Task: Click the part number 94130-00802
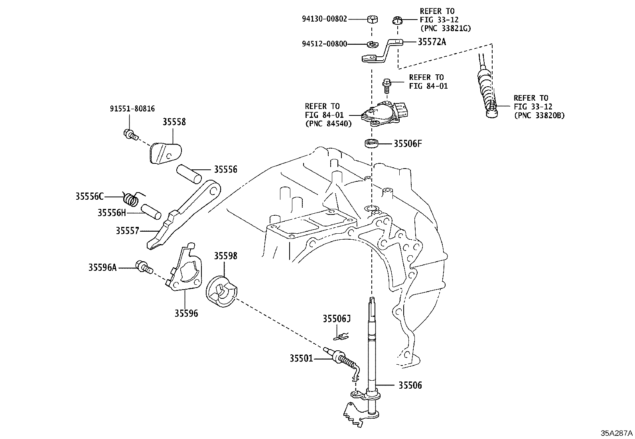[324, 19]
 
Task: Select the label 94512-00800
[324, 44]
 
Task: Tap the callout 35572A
[432, 42]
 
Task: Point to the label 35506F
[408, 144]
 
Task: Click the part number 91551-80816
[132, 109]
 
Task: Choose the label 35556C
[90, 196]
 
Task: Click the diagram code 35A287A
[617, 433]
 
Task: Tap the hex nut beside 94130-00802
[372, 19]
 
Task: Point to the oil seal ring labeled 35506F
[372, 143]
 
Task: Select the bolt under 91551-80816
[131, 134]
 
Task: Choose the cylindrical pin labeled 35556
[189, 173]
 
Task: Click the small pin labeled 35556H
[151, 212]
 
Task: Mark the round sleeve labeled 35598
[221, 291]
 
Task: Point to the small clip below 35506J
[341, 337]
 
